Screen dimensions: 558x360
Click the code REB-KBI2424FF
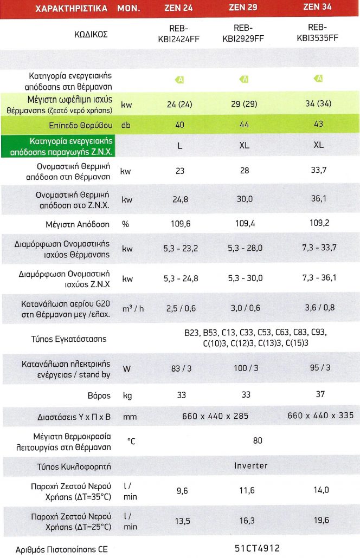click(x=180, y=33)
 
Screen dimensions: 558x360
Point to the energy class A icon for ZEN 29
click(x=245, y=80)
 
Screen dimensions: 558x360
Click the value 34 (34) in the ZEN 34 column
click(x=318, y=103)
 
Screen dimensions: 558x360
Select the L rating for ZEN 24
click(x=179, y=145)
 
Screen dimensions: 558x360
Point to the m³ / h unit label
click(x=133, y=308)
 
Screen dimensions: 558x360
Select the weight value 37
click(x=320, y=394)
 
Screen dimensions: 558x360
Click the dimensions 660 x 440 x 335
click(x=320, y=416)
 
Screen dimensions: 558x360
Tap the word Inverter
click(x=251, y=465)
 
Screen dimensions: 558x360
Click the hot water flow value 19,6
click(x=320, y=520)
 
